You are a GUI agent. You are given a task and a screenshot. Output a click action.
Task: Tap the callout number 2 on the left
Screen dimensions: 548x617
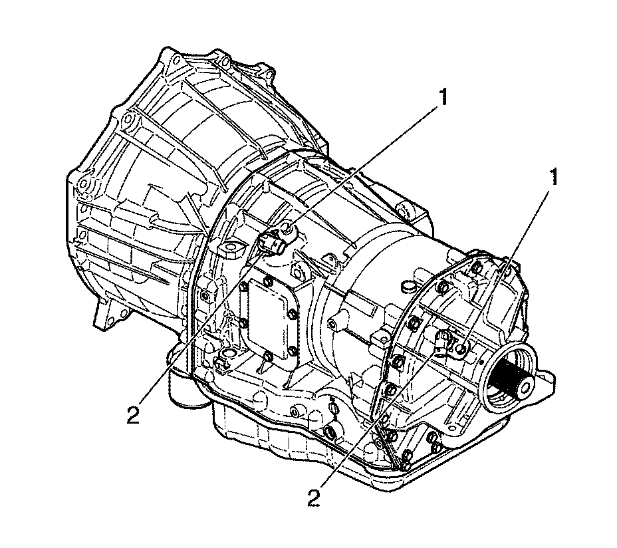coord(134,414)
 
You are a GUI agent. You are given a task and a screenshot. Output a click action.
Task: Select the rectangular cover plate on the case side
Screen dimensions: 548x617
coord(269,319)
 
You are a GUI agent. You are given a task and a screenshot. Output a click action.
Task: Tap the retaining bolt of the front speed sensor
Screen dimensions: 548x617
coord(288,230)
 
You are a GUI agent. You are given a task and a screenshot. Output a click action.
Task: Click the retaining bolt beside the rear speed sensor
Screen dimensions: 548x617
coord(460,346)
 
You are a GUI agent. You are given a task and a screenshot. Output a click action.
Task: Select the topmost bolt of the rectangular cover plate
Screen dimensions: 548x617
coord(267,282)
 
